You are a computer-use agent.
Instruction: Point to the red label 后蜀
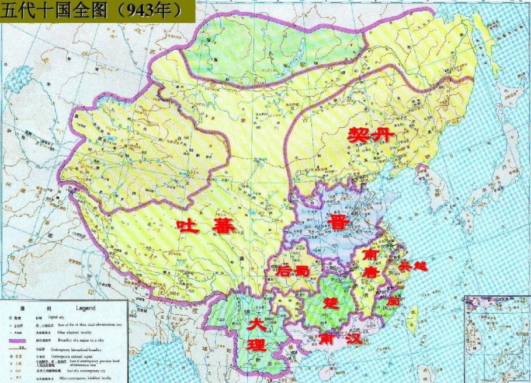point(290,270)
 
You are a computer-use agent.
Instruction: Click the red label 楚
point(331,302)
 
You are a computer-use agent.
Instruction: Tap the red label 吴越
point(413,266)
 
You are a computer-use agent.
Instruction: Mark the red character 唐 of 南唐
point(370,272)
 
